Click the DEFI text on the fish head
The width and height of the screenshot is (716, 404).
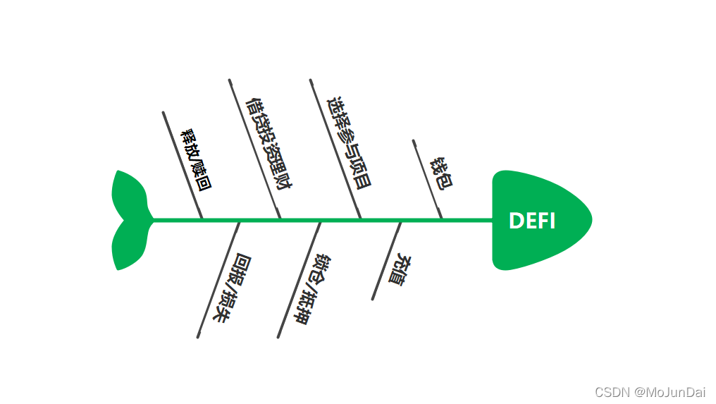532,221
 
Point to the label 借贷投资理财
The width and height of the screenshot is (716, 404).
268,146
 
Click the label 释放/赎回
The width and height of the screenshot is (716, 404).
197,161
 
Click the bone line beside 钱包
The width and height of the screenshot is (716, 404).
427,178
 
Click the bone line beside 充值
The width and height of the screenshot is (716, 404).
387,260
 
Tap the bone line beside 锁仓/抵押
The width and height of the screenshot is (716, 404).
300,279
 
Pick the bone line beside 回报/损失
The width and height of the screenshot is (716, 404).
218,279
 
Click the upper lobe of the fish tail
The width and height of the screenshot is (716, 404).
128,193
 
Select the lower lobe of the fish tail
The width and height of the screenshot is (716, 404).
128,247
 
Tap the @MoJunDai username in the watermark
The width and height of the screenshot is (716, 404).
669,392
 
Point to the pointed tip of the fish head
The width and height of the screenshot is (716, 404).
591,219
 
